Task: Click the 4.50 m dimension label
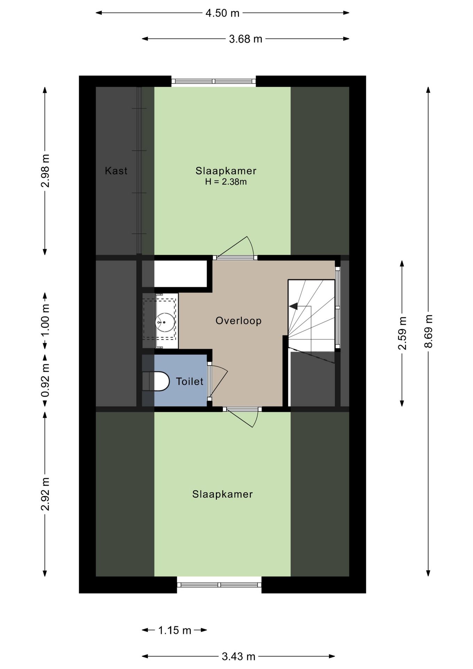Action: point(223,13)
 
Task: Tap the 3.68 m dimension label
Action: point(246,39)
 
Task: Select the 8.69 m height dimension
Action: point(428,331)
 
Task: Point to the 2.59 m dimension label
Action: point(402,333)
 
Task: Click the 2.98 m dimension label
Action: point(45,171)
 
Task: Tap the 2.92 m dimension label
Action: point(45,494)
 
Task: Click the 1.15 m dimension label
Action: point(175,630)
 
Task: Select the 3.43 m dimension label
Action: point(239,656)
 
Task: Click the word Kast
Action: point(116,171)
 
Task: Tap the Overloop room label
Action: point(239,321)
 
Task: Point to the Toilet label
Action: point(189,382)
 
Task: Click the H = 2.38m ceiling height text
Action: point(226,182)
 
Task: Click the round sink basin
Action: point(165,322)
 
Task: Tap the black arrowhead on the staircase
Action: point(293,306)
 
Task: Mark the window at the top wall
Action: point(214,81)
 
